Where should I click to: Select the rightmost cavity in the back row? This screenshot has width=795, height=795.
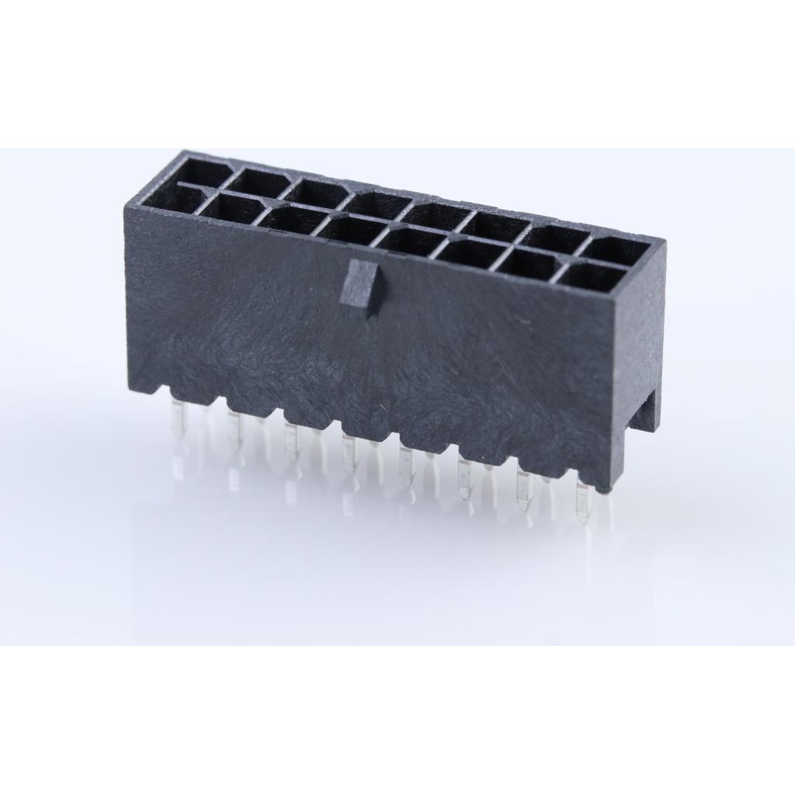[616, 250]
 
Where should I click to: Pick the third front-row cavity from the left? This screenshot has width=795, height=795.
[292, 220]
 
